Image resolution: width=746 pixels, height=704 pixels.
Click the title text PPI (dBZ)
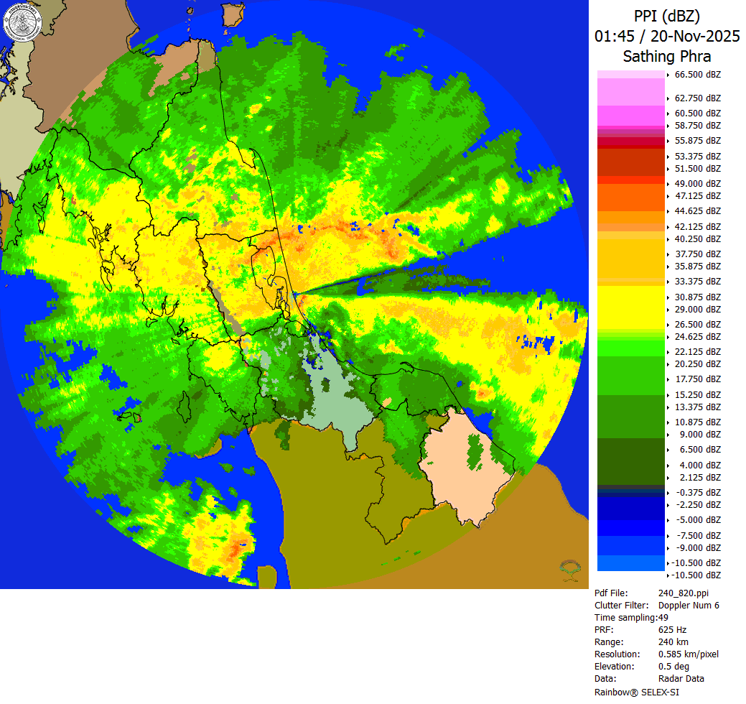[x=666, y=16]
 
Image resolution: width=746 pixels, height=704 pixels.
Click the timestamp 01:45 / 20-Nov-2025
[x=666, y=36]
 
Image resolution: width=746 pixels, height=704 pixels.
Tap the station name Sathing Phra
[x=666, y=56]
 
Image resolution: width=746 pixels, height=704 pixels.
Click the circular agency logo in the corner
[x=23, y=23]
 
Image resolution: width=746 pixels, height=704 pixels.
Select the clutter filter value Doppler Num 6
[x=689, y=606]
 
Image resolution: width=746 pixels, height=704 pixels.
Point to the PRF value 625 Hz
[x=672, y=630]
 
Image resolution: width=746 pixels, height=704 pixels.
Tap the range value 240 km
[x=673, y=642]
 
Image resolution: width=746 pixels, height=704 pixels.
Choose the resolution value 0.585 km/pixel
[x=688, y=654]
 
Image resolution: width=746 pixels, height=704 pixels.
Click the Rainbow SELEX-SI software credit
[x=637, y=692]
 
